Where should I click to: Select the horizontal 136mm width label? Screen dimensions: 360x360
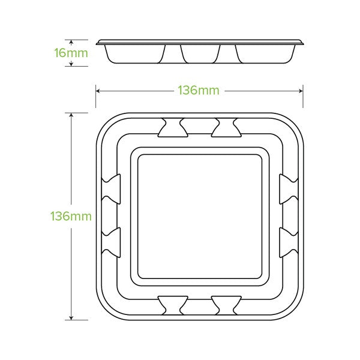tap(198, 91)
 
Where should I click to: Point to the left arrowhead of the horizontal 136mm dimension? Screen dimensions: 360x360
tap(98, 91)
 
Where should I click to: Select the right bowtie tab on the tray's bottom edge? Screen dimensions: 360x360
tap(226, 305)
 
